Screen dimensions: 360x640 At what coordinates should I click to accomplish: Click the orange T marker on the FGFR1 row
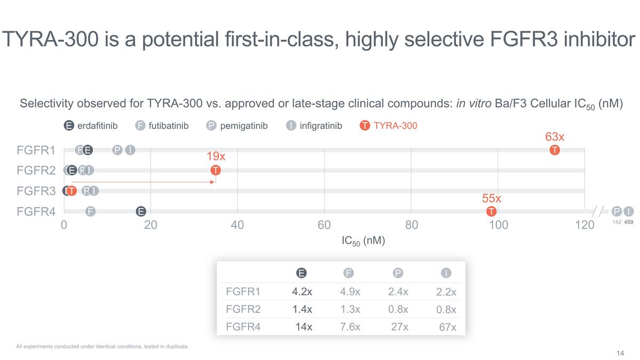coord(555,150)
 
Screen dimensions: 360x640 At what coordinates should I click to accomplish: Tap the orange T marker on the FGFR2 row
coord(215,171)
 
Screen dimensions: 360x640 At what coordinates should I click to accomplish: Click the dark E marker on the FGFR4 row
coord(141,212)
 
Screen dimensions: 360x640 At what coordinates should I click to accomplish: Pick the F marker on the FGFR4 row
coord(91,212)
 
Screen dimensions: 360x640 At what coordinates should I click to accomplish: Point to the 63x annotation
coord(555,137)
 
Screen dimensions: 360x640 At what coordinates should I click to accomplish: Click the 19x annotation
coord(215,157)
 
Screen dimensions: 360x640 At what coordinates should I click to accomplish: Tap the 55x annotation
coord(491,198)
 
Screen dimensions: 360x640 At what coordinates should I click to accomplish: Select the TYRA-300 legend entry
coord(389,126)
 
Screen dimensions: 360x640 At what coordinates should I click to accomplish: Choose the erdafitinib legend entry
coord(91,126)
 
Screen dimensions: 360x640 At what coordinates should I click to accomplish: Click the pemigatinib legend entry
coord(237,126)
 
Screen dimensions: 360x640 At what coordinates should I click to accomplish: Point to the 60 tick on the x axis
coord(324,225)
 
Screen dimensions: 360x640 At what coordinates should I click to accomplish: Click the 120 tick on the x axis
coord(585,225)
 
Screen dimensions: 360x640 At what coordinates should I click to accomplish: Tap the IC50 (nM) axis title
coord(363,241)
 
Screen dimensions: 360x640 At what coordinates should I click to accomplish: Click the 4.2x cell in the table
coord(302,292)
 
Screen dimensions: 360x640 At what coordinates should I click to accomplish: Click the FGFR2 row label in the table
coord(243,309)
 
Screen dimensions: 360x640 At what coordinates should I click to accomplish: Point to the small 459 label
coord(629,222)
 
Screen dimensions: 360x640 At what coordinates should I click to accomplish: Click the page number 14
coord(620,353)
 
